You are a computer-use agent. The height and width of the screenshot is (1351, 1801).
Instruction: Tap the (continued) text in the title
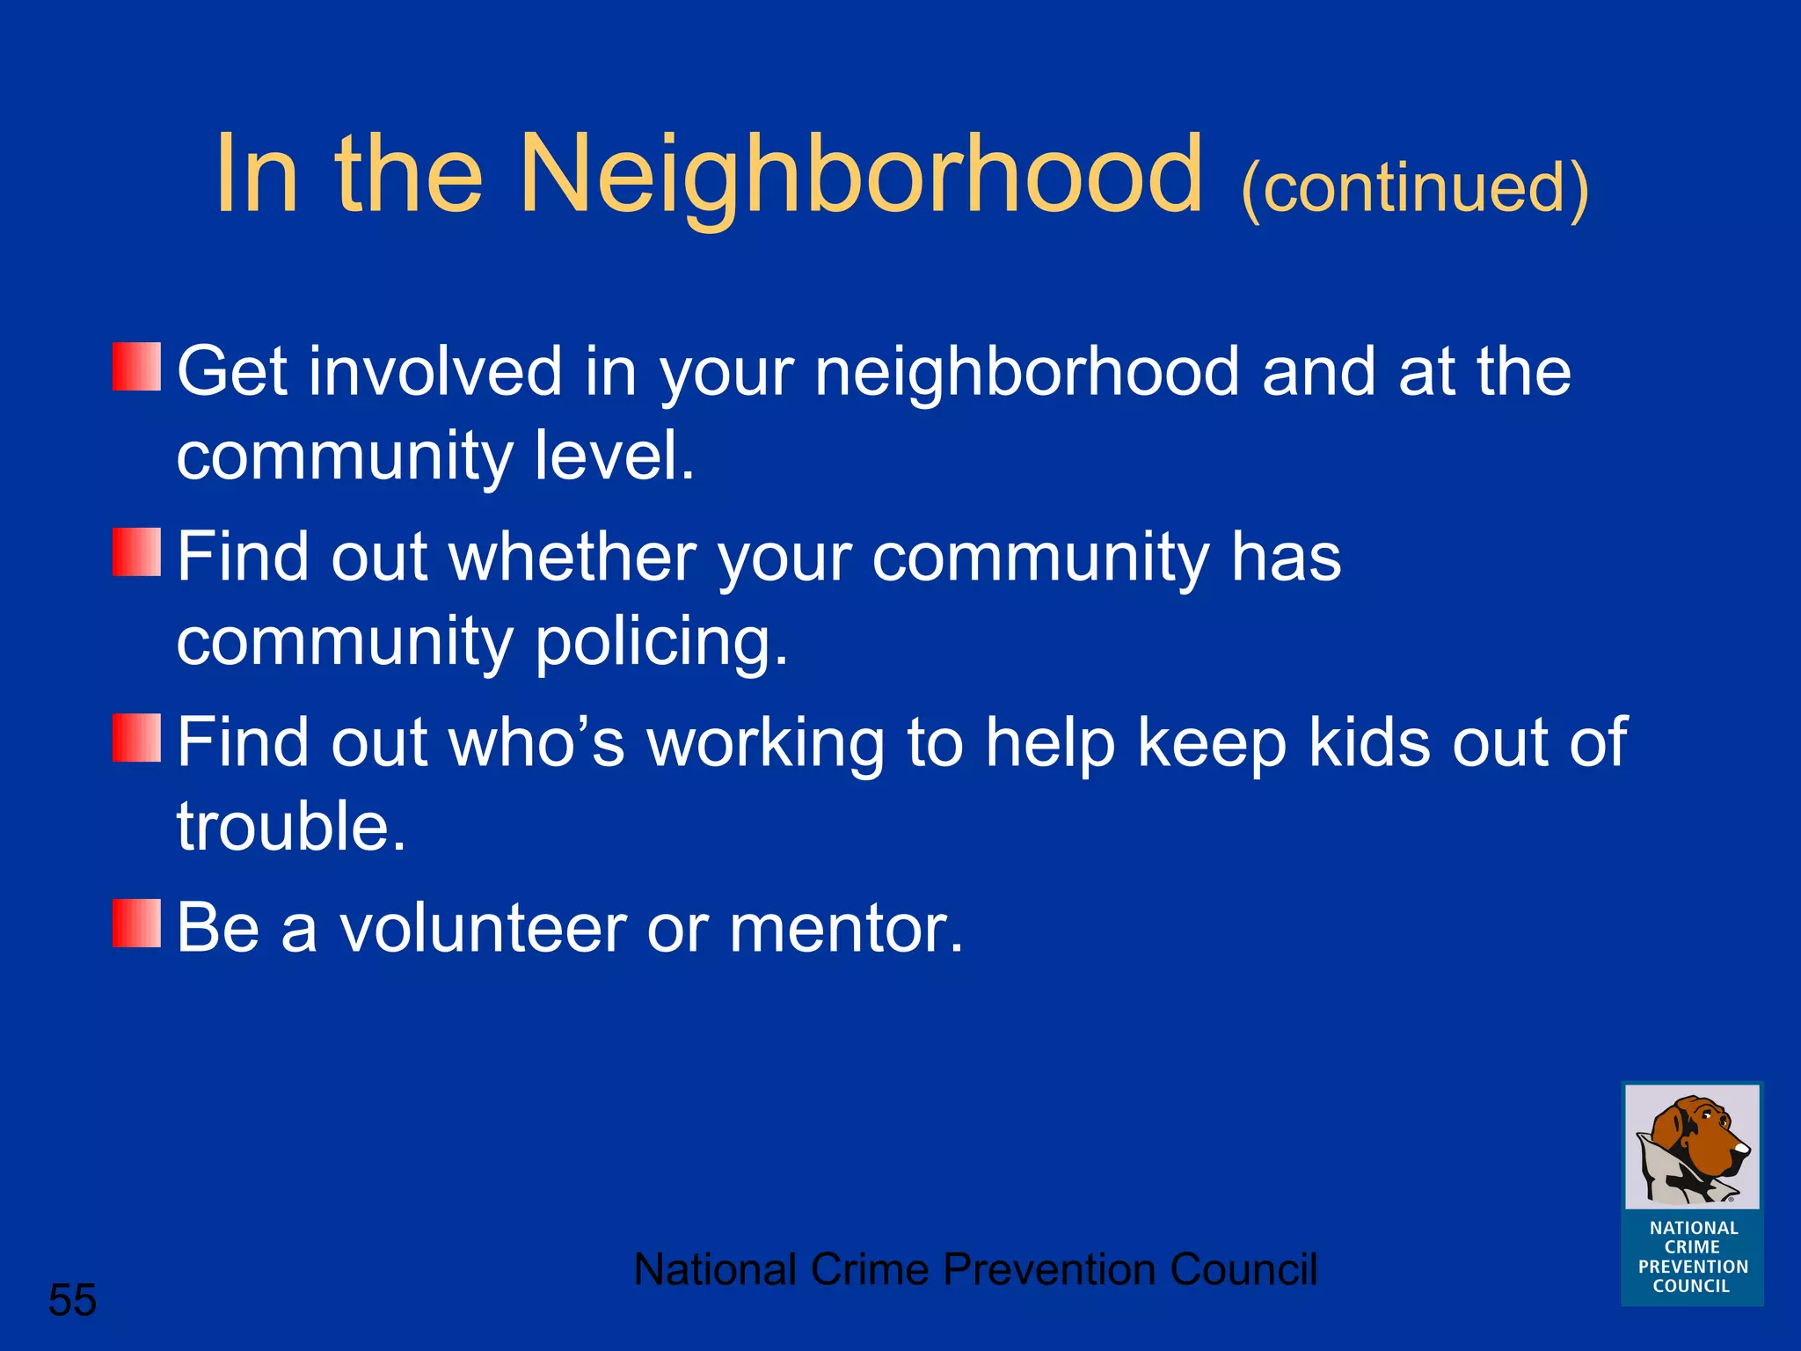(1414, 188)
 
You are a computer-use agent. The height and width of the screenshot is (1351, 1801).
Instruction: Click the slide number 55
(72, 1300)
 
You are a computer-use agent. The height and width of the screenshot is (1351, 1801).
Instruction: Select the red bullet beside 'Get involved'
(136, 367)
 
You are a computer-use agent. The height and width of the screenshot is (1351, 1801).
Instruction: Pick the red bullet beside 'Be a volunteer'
(136, 923)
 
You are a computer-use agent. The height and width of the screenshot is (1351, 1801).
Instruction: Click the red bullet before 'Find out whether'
(136, 551)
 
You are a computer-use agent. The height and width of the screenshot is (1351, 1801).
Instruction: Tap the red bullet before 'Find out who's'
(136, 737)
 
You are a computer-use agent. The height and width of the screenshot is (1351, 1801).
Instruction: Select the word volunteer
(483, 929)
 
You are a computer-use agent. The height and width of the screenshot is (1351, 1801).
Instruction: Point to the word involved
(434, 372)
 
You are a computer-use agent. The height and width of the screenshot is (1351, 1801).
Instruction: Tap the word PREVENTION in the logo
(1693, 1267)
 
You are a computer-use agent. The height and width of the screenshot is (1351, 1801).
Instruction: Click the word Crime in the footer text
(869, 1270)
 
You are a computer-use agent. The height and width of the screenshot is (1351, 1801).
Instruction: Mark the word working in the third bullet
(765, 743)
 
